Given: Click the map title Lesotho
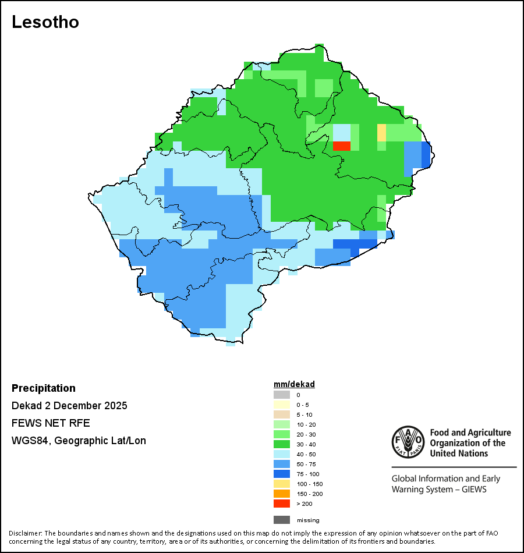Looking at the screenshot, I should pos(45,22).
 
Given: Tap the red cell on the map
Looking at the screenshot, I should pos(341,146).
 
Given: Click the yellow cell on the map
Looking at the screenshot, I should pos(381,133).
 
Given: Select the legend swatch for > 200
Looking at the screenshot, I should pos(282,504).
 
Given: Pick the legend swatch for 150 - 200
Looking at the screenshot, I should pos(282,494).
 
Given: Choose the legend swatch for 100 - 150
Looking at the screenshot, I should pos(282,484).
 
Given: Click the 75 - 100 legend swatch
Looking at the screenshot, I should pos(282,474).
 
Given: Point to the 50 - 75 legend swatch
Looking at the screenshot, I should pos(282,464).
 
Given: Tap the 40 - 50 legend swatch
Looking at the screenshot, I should pos(282,454).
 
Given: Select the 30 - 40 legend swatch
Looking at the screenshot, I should pos(282,444).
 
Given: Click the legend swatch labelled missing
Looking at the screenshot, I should pos(282,520).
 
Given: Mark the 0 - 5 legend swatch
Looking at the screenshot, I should pos(282,405).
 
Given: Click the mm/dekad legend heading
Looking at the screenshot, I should pos(294,384).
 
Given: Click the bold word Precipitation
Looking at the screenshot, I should pos(44,388).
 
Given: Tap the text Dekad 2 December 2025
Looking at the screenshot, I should pos(69,406).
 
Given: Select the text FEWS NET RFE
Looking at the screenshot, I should pos(51,423).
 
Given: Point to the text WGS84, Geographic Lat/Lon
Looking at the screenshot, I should pos(79,441).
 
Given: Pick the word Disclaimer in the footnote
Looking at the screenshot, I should pos(25,533).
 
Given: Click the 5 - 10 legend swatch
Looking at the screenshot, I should pos(282,414).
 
